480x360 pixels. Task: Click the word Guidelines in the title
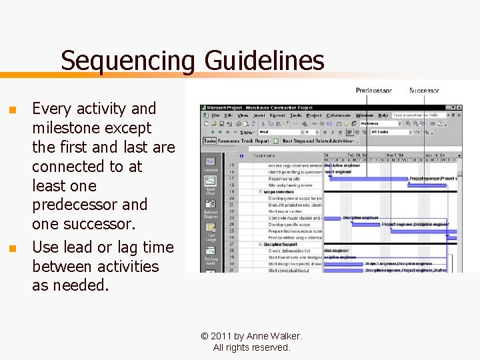[x=264, y=61]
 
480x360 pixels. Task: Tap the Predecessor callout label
[x=373, y=91]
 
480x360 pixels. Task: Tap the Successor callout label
[x=424, y=91]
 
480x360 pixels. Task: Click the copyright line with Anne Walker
[x=251, y=336]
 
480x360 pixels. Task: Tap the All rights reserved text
[x=251, y=347]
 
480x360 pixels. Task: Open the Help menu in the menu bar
[x=383, y=115]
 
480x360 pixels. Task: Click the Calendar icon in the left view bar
[x=211, y=163]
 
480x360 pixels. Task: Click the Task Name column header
[x=263, y=156]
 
